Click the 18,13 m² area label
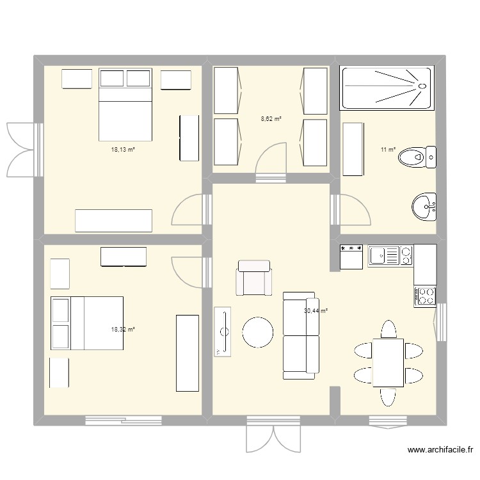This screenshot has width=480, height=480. (123, 150)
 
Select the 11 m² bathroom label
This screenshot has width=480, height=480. (388, 150)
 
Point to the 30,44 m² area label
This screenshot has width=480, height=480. (316, 311)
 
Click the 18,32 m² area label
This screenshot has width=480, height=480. (123, 330)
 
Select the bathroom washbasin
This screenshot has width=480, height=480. (423, 207)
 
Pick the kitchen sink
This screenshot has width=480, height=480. (383, 256)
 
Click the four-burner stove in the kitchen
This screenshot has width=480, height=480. (425, 296)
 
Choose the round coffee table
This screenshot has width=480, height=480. (259, 333)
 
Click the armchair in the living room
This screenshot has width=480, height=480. (254, 278)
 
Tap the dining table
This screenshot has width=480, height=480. (388, 363)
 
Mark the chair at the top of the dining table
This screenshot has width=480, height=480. (388, 329)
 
